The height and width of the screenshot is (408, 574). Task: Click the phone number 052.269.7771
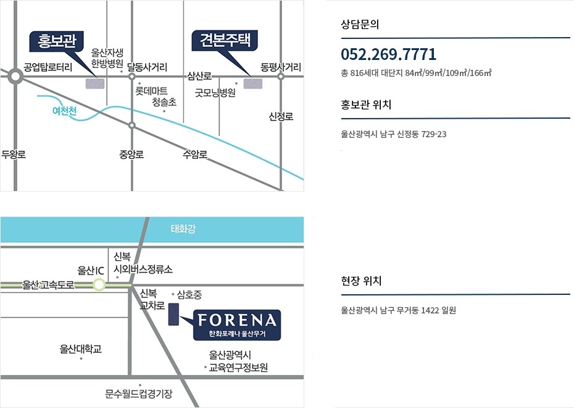click(x=388, y=54)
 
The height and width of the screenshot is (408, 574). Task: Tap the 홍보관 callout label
click(x=57, y=42)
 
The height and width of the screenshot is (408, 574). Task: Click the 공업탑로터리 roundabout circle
click(x=15, y=76)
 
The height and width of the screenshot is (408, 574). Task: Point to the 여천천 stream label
click(x=64, y=111)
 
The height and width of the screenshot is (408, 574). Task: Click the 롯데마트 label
click(x=151, y=91)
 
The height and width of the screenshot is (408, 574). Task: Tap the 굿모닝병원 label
click(x=215, y=93)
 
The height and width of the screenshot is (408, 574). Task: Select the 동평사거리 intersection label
click(x=281, y=67)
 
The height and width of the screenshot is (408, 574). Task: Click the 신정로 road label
click(x=281, y=116)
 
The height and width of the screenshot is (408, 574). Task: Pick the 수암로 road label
click(x=195, y=154)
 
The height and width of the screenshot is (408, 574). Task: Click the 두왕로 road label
click(x=14, y=154)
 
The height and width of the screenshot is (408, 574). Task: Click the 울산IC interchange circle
click(x=99, y=284)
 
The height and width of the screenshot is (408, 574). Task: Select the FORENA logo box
click(x=237, y=324)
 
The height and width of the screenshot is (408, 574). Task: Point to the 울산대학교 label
click(x=81, y=349)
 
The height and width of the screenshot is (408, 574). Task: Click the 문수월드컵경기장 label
click(x=139, y=393)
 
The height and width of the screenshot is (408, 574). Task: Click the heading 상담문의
click(x=360, y=25)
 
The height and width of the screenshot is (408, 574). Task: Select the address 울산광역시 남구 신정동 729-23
click(x=394, y=134)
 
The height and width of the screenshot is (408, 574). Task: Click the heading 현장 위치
click(x=362, y=281)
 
